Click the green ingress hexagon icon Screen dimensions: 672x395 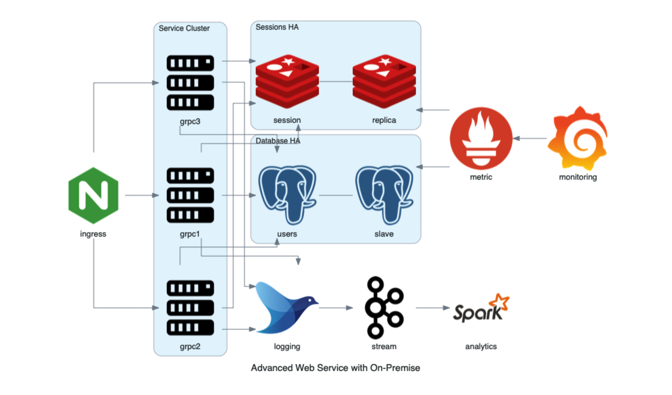pyautogui.click(x=93, y=195)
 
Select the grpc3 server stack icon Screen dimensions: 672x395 pyautogui.click(x=190, y=83)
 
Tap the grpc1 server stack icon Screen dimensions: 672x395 pyautogui.click(x=190, y=195)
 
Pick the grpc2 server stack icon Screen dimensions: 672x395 pyautogui.click(x=190, y=308)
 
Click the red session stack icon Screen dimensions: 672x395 pyautogui.click(x=287, y=81)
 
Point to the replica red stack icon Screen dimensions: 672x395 pyautogui.click(x=384, y=81)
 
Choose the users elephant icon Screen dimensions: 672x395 pyautogui.click(x=287, y=195)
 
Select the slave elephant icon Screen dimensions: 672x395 pyautogui.click(x=384, y=195)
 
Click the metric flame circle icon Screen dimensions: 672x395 pyautogui.click(x=481, y=139)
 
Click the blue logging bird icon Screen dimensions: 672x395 pyautogui.click(x=287, y=308)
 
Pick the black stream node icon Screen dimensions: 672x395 pyautogui.click(x=384, y=308)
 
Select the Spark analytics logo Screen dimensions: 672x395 pyautogui.click(x=481, y=308)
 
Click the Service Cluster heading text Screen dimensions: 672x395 pyautogui.click(x=184, y=28)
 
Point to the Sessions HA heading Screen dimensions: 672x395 pyautogui.click(x=277, y=27)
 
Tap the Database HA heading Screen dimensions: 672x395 pyautogui.click(x=278, y=141)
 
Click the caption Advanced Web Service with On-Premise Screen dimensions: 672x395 pyautogui.click(x=336, y=368)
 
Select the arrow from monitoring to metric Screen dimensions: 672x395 pyautogui.click(x=530, y=139)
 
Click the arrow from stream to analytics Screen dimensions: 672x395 pyautogui.click(x=432, y=308)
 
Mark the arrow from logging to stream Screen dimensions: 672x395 pyautogui.click(x=336, y=308)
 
